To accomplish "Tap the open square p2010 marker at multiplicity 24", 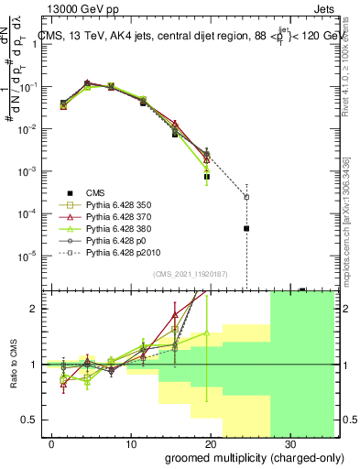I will click(245, 196).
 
